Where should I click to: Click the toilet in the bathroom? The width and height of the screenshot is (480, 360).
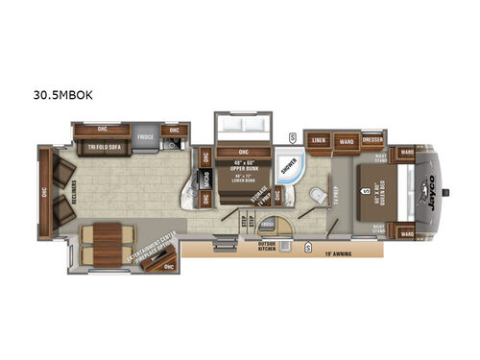315,195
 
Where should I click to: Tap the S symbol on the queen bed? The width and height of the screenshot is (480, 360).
366,191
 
